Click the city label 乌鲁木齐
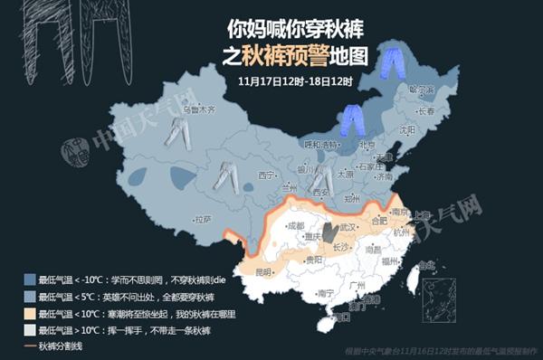pyautogui.click(x=197, y=109)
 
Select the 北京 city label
pyautogui.click(x=367, y=144)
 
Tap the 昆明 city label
pyautogui.click(x=262, y=270)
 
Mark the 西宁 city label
pyautogui.click(x=264, y=175)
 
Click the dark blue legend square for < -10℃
pyautogui.click(x=30, y=280)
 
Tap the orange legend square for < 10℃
pyautogui.click(x=30, y=313)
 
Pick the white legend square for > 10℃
pyautogui.click(x=30, y=329)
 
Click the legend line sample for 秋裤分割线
pyautogui.click(x=30, y=345)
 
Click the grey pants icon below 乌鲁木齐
pyautogui.click(x=177, y=133)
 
